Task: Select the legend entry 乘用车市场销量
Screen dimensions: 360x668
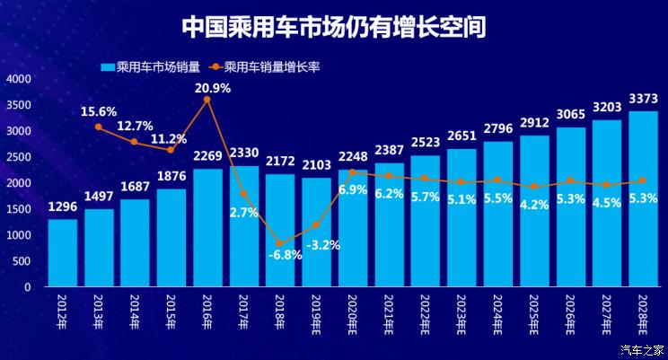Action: [x=150, y=66]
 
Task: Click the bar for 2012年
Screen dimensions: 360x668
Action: [x=62, y=253]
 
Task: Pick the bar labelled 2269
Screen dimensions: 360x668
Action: [x=207, y=228]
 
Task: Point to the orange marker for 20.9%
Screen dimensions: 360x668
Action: [x=207, y=100]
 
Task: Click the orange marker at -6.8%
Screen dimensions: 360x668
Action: [x=279, y=243]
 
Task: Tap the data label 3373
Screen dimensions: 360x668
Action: [x=643, y=99]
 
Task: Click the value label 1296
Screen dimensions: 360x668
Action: [x=62, y=207]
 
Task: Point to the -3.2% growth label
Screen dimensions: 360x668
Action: [x=317, y=243]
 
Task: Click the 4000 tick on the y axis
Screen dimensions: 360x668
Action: [x=19, y=79]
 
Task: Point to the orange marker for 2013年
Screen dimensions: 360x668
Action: [x=99, y=127]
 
